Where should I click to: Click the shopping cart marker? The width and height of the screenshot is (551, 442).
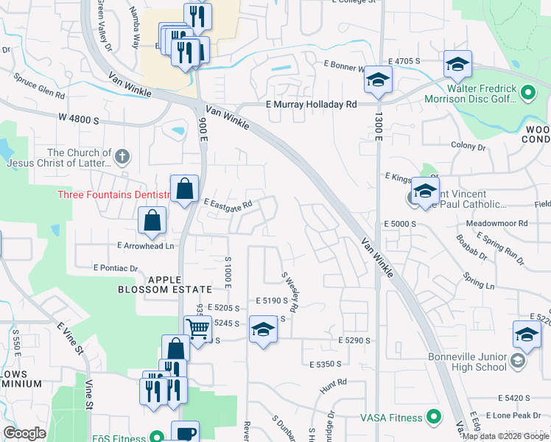pos(197,329)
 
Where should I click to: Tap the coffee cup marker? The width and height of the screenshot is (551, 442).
pos(185,433)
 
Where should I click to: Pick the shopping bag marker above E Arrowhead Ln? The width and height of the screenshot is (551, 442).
pos(152,220)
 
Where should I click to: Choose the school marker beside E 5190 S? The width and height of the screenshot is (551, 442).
pos(263,329)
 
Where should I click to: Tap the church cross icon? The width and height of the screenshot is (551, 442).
pos(122,157)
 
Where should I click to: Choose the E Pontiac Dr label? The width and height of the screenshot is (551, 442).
pos(116,268)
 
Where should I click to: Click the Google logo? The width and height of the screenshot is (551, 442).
pos(25,433)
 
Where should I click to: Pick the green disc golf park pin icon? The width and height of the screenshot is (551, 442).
pos(527,94)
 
